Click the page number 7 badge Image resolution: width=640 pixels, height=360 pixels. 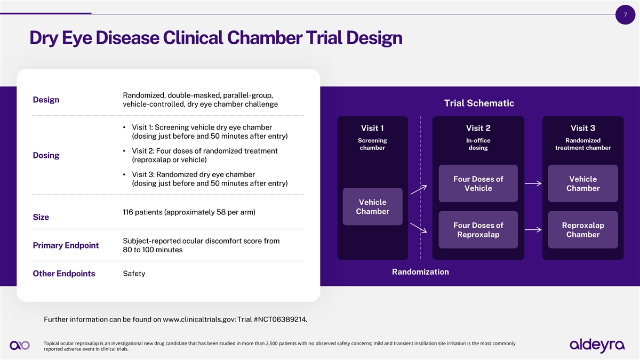pos(625,14)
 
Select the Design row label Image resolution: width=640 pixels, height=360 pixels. pos(46,100)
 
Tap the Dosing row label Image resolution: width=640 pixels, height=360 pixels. pos(46,155)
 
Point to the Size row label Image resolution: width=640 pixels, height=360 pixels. pos(41,217)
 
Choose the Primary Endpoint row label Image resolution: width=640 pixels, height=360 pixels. pos(66,245)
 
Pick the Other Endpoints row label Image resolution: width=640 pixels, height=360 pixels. pos(64,274)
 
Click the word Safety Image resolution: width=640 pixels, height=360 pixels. pos(134,274)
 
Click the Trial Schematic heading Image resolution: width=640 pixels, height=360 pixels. pos(479,103)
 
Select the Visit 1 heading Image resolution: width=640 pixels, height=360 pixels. pos(372,128)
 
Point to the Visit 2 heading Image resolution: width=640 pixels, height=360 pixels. pos(478,128)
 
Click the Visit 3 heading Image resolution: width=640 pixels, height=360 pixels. pos(583,128)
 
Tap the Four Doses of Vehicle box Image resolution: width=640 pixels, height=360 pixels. pos(478,183)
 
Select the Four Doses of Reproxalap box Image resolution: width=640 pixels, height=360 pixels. pos(478,230)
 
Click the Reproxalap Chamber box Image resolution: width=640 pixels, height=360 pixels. pos(583,230)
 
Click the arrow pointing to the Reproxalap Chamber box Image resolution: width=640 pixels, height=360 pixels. pos(533,230)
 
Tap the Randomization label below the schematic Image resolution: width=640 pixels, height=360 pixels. pos(420,272)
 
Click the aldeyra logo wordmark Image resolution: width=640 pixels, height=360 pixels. pos(597,345)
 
